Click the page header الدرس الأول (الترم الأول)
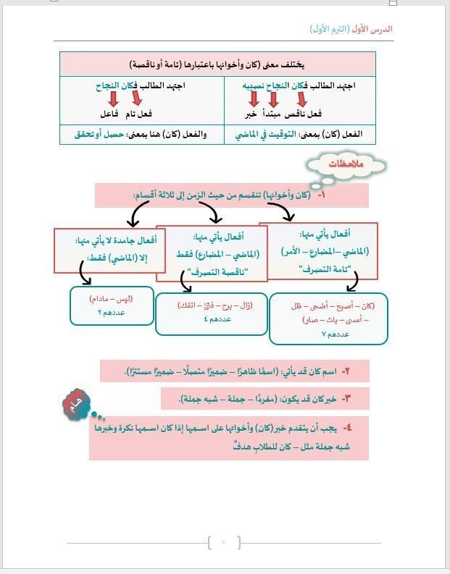[351, 29]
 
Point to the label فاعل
[109, 114]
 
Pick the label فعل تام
[138, 114]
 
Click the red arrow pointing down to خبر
[253, 99]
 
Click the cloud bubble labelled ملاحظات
[346, 165]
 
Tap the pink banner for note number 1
[231, 195]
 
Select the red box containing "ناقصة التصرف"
[212, 253]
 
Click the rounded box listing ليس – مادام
[112, 305]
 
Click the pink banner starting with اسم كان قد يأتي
[235, 371]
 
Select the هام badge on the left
[75, 405]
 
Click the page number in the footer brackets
[224, 542]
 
